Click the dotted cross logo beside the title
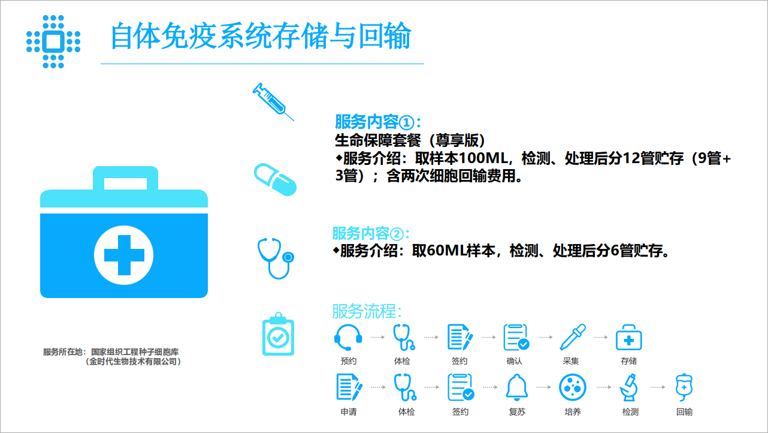coord(53,41)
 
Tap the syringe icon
coord(273,101)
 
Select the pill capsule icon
coord(275,179)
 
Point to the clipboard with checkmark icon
coord(278,334)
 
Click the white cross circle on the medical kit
coord(124,255)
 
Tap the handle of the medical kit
coord(125,177)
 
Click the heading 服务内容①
coord(378,122)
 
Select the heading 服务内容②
coord(371,234)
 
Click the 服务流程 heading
coord(367,311)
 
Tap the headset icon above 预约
coord(348,337)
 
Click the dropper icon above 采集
coord(573,337)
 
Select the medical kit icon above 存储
coord(629,337)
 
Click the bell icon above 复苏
coord(516,387)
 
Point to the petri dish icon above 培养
coord(573,387)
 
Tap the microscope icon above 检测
coord(629,387)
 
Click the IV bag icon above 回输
coord(684,387)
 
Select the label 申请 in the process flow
coord(348,412)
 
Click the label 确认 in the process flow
coord(514,361)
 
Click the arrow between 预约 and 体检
coord(377,337)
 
